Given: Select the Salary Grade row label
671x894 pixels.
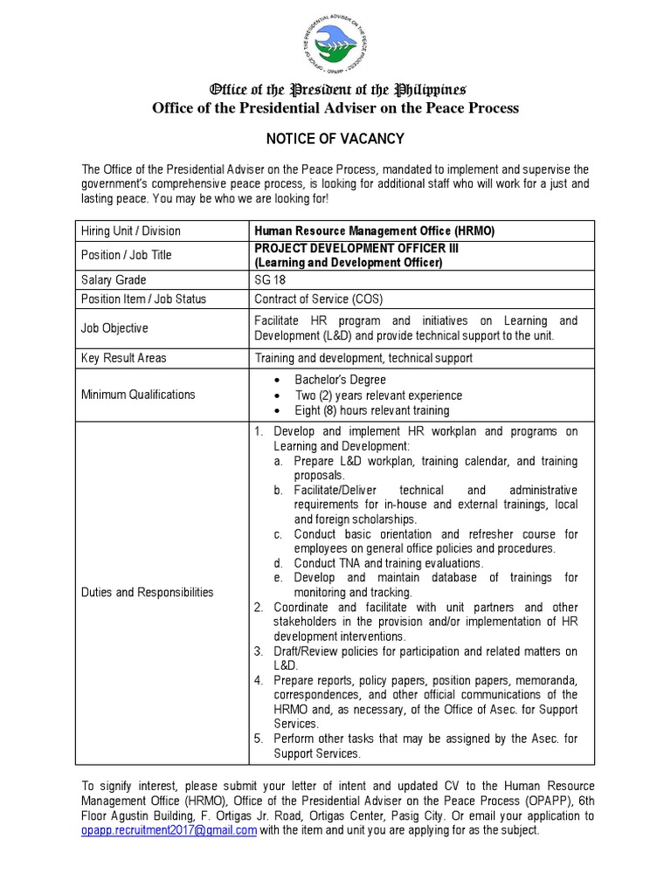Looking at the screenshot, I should (114, 280).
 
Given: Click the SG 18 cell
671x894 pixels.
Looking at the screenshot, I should (272, 280).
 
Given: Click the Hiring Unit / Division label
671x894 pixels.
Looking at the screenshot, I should (130, 231).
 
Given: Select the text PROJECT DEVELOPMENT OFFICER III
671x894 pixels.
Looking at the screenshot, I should (356, 249).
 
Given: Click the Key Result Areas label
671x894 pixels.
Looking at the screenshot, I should (123, 358).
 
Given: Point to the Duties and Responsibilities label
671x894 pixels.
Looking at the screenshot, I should (147, 592).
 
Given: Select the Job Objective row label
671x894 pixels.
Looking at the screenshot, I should (114, 328).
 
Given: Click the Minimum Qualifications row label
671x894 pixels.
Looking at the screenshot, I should (138, 395).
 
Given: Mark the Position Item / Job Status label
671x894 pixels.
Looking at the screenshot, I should (143, 299).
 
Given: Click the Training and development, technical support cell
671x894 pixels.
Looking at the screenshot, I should (363, 358).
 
